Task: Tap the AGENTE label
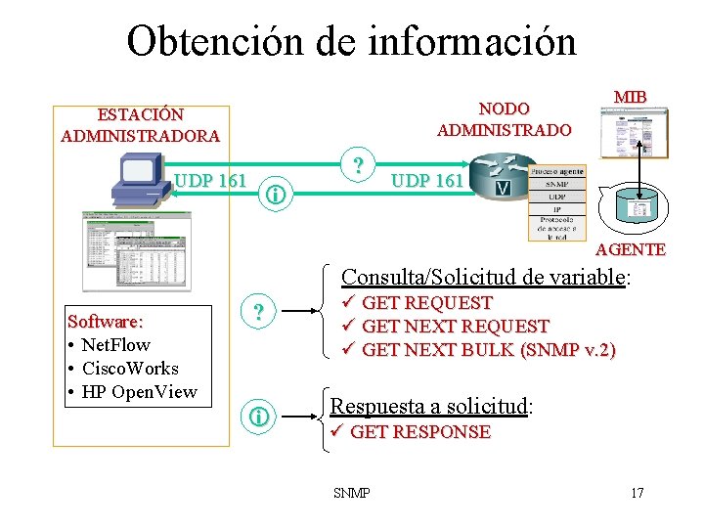pos(630,249)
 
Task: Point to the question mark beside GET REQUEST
pos(258,313)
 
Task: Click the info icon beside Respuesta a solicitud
pos(258,418)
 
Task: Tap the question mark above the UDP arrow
pos(359,164)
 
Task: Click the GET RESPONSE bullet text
pos(419,432)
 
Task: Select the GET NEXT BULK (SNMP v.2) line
pos(488,349)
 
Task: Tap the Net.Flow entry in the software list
pos(110,345)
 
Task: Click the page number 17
pos(638,492)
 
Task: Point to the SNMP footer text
pos(351,492)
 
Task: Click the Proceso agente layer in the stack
pos(556,170)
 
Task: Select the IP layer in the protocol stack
pos(556,208)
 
